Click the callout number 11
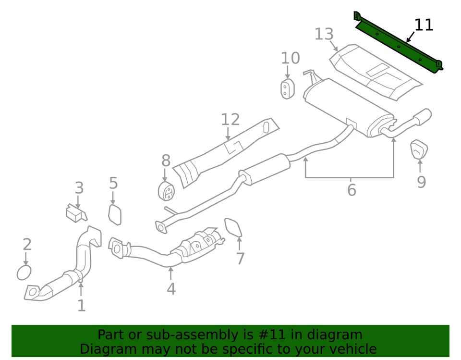[x=424, y=25]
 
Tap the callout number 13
[x=324, y=35]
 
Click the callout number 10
[x=290, y=58]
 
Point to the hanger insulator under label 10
[x=287, y=89]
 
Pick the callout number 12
[x=230, y=120]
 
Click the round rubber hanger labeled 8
[x=166, y=191]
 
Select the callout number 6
[x=351, y=190]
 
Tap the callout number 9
[x=421, y=182]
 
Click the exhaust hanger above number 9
[x=419, y=150]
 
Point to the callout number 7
[x=240, y=259]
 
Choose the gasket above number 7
[x=233, y=228]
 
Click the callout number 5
[x=113, y=183]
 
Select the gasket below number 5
[x=115, y=214]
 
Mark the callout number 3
[x=79, y=188]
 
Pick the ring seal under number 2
[x=24, y=273]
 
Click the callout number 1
[x=81, y=305]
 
